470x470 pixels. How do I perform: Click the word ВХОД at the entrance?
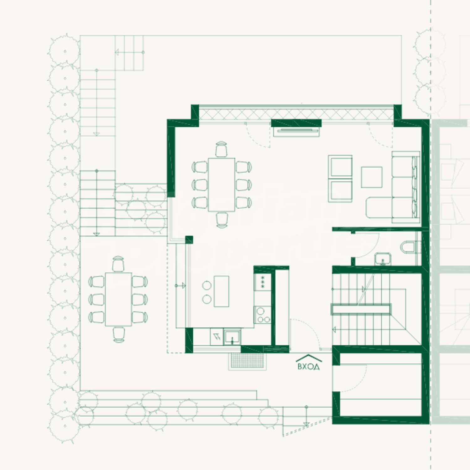point(309,366)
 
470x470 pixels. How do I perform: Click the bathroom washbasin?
point(383,259)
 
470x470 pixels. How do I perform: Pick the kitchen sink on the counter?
point(232,337)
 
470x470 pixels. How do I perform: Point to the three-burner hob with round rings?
point(262,315)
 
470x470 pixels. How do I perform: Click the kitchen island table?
point(222,291)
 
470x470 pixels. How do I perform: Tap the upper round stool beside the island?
point(207,285)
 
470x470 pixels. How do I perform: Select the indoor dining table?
point(222,185)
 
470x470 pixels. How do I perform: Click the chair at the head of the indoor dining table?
point(222,149)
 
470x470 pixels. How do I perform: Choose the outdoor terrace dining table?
point(118,299)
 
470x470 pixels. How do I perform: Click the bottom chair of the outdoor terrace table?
point(119,334)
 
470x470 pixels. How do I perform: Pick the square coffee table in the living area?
point(372,177)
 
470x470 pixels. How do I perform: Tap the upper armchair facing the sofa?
point(340,166)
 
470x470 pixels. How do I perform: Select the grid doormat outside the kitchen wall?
point(248,361)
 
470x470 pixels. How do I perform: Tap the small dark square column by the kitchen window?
point(189,240)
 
